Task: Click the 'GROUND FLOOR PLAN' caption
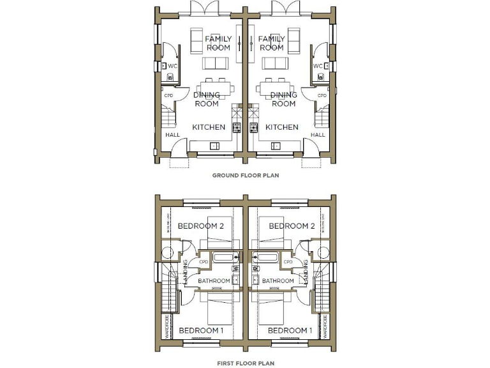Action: [245, 174]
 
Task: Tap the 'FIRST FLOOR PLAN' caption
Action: [245, 363]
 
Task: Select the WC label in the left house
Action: [172, 66]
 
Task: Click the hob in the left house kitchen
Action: [235, 127]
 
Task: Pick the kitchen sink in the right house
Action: [276, 146]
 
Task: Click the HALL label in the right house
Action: [318, 135]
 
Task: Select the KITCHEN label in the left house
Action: [209, 127]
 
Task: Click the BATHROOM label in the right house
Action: [278, 281]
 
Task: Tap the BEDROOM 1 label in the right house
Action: [290, 330]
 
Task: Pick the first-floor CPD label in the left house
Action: [204, 262]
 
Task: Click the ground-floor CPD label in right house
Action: [322, 96]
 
